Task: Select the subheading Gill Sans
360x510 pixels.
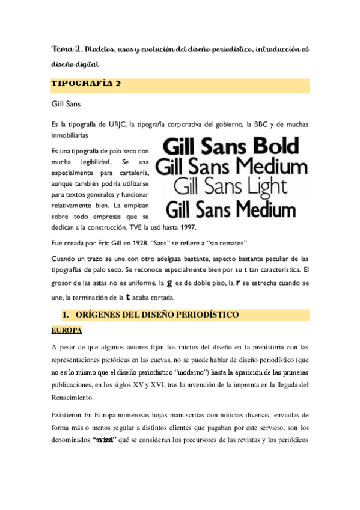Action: [67, 104]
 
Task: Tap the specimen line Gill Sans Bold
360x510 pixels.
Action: [231, 146]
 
